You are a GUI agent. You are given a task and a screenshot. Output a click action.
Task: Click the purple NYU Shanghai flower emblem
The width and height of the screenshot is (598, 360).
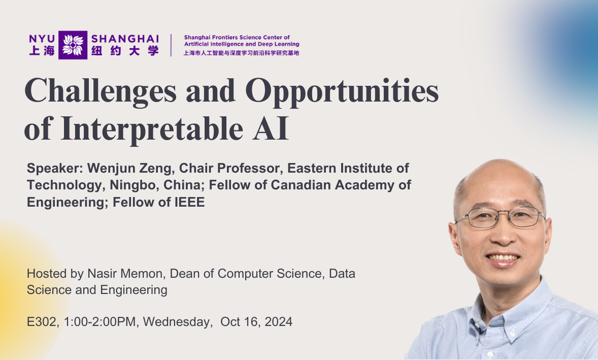click(x=73, y=45)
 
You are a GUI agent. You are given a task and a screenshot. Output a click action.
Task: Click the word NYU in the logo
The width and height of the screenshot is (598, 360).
click(x=42, y=39)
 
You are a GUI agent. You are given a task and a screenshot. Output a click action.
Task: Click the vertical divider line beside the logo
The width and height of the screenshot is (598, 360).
click(x=171, y=45)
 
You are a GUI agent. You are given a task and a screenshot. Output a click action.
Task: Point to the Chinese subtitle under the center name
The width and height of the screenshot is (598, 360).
click(x=241, y=53)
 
